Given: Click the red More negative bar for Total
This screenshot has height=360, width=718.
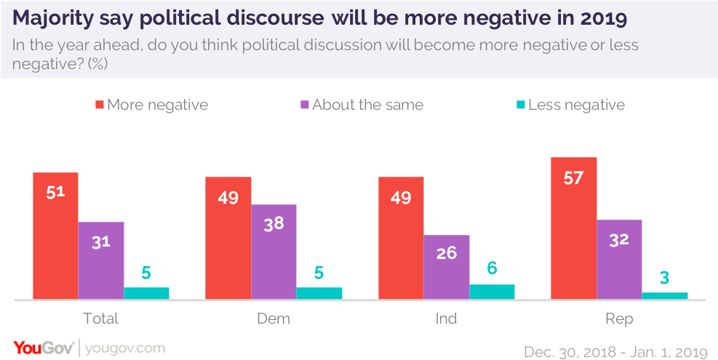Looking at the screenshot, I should (x=55, y=236).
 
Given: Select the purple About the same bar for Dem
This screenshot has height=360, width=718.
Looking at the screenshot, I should (x=274, y=252).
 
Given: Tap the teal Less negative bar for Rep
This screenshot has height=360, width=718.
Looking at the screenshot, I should (x=664, y=295).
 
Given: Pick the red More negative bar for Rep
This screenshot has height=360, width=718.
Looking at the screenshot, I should (x=574, y=228).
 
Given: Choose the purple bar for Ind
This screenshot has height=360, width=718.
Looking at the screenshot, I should (x=447, y=267).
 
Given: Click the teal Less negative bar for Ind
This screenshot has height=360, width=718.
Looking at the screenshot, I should (x=492, y=292).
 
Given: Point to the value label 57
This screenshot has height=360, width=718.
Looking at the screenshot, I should (x=574, y=177).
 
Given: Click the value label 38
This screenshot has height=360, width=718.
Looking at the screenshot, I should (x=274, y=224).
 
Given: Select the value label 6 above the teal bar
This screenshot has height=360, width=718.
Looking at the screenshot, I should (x=492, y=268).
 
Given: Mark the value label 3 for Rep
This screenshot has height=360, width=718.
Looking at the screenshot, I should (x=664, y=276).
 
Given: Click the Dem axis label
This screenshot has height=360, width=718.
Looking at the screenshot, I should (x=274, y=319).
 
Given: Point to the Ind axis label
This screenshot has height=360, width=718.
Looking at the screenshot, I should (x=447, y=319).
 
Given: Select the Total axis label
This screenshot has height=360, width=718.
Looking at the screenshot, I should (x=101, y=319).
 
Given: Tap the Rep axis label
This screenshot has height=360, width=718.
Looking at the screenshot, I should (x=619, y=319).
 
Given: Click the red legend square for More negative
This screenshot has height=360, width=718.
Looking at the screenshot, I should (x=99, y=105).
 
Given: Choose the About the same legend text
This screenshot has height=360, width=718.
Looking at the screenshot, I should (x=367, y=105).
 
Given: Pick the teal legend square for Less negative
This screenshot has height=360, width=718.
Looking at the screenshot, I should (x=520, y=105).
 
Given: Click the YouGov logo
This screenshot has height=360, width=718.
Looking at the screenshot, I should (x=43, y=348).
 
